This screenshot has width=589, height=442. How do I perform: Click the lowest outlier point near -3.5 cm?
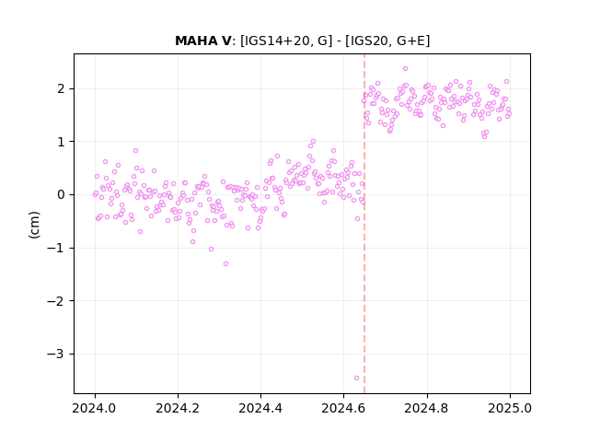(356, 378)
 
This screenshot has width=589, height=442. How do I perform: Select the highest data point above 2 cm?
(405, 69)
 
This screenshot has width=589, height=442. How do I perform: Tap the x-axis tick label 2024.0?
(95, 408)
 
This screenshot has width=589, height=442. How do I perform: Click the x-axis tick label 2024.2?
(178, 408)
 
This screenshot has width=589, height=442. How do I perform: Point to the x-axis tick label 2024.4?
(260, 408)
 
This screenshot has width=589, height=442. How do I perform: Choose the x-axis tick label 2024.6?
(343, 408)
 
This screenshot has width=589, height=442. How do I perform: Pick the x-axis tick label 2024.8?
(427, 408)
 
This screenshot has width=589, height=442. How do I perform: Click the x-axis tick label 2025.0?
(510, 408)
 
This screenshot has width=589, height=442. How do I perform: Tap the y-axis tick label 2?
(61, 89)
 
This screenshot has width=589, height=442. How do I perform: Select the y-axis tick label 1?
(61, 142)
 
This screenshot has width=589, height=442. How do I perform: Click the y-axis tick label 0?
(61, 195)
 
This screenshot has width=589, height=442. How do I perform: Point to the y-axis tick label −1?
(55, 248)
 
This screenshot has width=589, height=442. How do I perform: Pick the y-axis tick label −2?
(55, 301)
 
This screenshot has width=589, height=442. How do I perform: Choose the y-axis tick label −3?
(55, 354)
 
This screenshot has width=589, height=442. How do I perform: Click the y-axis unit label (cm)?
(34, 225)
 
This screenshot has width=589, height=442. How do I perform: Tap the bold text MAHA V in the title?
(203, 41)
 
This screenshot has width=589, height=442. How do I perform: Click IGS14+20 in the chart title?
(278, 41)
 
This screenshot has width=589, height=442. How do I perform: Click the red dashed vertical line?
(364, 224)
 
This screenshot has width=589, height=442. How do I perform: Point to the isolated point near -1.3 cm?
(225, 264)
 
